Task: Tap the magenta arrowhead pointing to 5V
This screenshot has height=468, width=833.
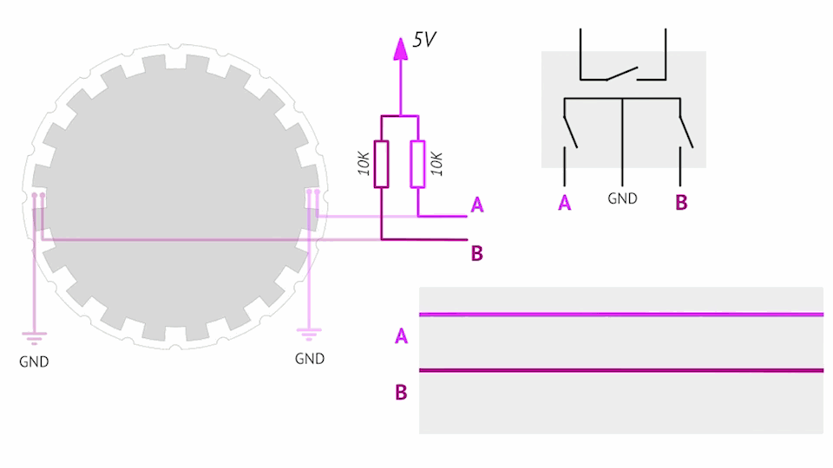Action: tap(400, 49)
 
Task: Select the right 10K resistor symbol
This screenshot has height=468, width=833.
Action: tap(418, 164)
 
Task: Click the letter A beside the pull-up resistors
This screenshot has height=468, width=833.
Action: tap(476, 205)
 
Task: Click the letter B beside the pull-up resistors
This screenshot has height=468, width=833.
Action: tap(476, 253)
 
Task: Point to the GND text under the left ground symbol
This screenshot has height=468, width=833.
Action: tap(34, 361)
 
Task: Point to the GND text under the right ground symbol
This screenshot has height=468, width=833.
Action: tap(310, 358)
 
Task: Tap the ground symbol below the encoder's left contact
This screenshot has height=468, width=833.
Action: tap(34, 335)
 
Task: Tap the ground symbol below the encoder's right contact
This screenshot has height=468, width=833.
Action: tap(310, 332)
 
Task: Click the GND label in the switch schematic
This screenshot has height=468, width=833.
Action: tap(622, 198)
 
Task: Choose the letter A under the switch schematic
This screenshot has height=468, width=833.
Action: tap(565, 204)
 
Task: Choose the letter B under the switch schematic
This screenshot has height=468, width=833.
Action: tap(681, 204)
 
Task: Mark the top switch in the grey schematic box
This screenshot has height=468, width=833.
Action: tap(622, 74)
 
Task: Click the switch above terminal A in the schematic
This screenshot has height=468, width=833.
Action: tap(569, 131)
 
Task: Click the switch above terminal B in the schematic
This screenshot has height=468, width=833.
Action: tap(685, 131)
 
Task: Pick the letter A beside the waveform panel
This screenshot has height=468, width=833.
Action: tap(401, 335)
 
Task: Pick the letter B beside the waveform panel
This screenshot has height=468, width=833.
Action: tap(401, 393)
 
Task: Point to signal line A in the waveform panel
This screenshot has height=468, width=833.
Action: tap(620, 315)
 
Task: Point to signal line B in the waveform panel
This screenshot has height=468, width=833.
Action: tap(620, 371)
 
